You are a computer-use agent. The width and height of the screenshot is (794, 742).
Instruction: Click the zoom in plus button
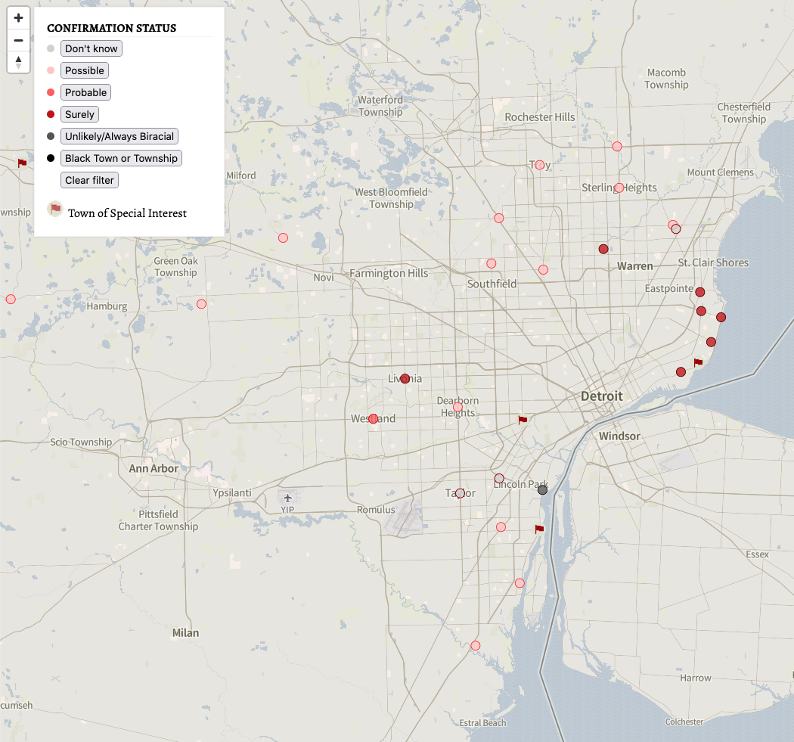(x=19, y=18)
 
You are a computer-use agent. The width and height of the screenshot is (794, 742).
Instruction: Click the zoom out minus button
(x=19, y=40)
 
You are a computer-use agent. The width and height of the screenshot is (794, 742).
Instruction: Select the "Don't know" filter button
(x=91, y=48)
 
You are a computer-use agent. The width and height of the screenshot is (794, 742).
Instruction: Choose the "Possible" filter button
(x=84, y=70)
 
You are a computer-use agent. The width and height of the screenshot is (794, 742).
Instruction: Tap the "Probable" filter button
(x=85, y=92)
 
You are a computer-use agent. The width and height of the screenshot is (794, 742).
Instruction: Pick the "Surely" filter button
(x=79, y=114)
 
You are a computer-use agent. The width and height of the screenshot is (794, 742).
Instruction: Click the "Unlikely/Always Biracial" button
(x=119, y=136)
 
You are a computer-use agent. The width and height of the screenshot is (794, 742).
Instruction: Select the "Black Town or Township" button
(x=121, y=158)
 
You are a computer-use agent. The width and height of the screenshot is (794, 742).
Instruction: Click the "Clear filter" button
(x=89, y=180)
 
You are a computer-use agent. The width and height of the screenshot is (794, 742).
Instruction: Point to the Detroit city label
(x=602, y=396)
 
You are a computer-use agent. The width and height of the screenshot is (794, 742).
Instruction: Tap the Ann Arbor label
(x=154, y=468)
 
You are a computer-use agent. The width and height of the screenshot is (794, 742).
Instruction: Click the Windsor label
(x=619, y=436)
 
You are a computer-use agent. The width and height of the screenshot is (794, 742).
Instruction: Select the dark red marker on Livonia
(x=405, y=378)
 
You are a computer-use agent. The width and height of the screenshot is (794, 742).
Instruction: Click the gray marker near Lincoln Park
(x=542, y=490)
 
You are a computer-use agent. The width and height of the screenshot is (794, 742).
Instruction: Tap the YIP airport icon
(x=287, y=497)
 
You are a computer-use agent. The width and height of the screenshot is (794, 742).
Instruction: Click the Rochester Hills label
(x=540, y=117)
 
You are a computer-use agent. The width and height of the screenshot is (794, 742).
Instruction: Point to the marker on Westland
(x=373, y=418)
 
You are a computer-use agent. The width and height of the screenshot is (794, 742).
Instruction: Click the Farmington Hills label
(x=389, y=273)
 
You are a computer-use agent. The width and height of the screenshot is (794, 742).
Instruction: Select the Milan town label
(x=185, y=632)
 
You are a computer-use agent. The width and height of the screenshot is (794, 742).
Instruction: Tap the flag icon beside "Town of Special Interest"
(x=55, y=210)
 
